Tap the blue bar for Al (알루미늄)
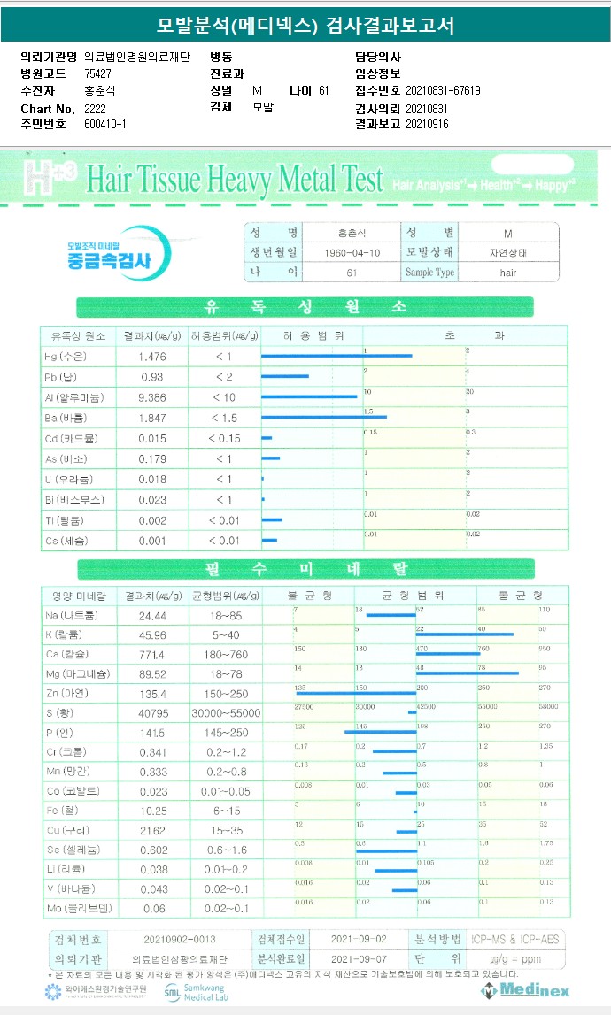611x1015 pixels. pos(309,396)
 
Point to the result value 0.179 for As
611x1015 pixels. pos(153,458)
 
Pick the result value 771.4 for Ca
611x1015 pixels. pos(153,655)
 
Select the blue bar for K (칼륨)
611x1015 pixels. pos(464,634)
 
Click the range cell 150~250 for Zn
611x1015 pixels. pos(223,694)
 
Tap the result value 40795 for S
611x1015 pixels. pos(153,713)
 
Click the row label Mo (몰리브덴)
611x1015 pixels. pos(79,909)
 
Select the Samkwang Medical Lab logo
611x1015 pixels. pos(195,992)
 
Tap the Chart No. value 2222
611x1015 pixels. pos(95,108)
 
